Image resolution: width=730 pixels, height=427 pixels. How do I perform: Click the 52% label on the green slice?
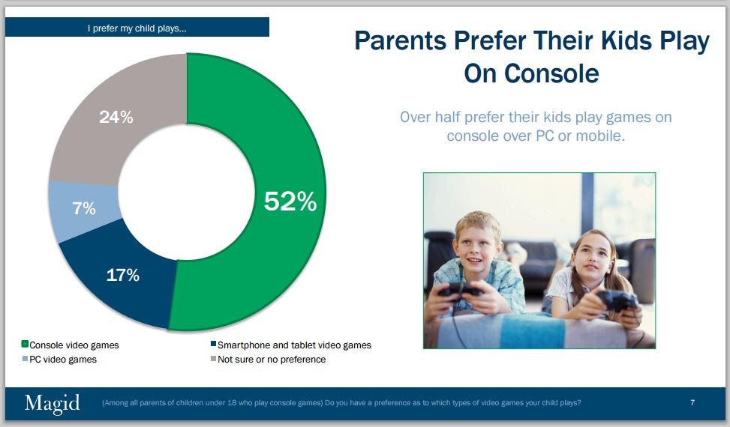click(290, 202)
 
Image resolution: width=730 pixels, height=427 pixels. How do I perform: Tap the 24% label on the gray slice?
click(116, 117)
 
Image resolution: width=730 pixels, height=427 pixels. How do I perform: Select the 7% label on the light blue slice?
click(84, 208)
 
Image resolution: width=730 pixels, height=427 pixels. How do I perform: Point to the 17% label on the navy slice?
click(123, 275)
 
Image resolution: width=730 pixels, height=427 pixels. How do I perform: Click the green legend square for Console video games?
click(25, 344)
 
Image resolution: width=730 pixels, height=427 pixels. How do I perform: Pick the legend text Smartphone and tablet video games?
click(294, 345)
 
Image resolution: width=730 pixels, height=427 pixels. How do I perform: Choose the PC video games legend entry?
click(59, 359)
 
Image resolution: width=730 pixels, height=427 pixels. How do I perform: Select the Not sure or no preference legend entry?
click(268, 359)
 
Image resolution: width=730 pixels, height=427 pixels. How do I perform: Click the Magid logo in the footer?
click(53, 403)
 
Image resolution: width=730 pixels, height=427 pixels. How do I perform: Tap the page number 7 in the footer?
click(692, 402)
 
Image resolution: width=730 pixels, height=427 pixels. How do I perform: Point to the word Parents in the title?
click(401, 41)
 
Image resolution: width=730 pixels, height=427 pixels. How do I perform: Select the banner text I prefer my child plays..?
click(137, 28)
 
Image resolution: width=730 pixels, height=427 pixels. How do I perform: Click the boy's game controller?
click(459, 289)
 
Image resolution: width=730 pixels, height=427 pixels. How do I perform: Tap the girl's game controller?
click(617, 300)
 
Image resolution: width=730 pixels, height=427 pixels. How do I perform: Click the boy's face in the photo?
click(476, 249)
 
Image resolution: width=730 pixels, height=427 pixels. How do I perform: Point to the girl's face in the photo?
click(592, 258)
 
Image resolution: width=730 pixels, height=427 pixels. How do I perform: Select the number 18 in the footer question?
click(232, 403)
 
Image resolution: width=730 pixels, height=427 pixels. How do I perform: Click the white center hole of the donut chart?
click(187, 192)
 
